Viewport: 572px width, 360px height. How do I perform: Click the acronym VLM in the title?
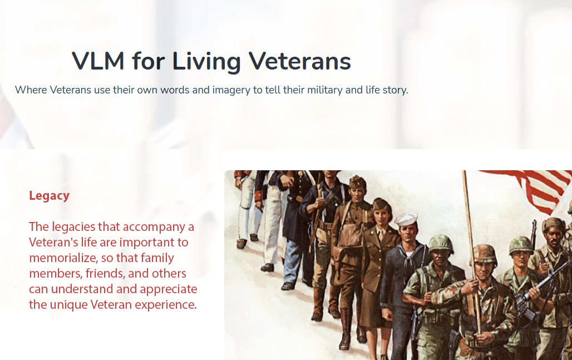click(x=98, y=61)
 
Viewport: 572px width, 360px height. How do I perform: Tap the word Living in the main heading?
click(x=206, y=62)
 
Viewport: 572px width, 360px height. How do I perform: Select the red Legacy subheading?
click(x=50, y=196)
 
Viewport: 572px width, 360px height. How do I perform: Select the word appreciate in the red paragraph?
click(x=168, y=289)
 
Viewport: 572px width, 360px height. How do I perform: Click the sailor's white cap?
click(x=406, y=219)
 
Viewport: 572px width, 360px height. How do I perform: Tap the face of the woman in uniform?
click(x=382, y=218)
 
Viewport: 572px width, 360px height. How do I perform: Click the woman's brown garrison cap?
click(x=382, y=205)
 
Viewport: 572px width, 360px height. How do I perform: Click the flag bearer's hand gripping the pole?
click(x=474, y=288)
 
